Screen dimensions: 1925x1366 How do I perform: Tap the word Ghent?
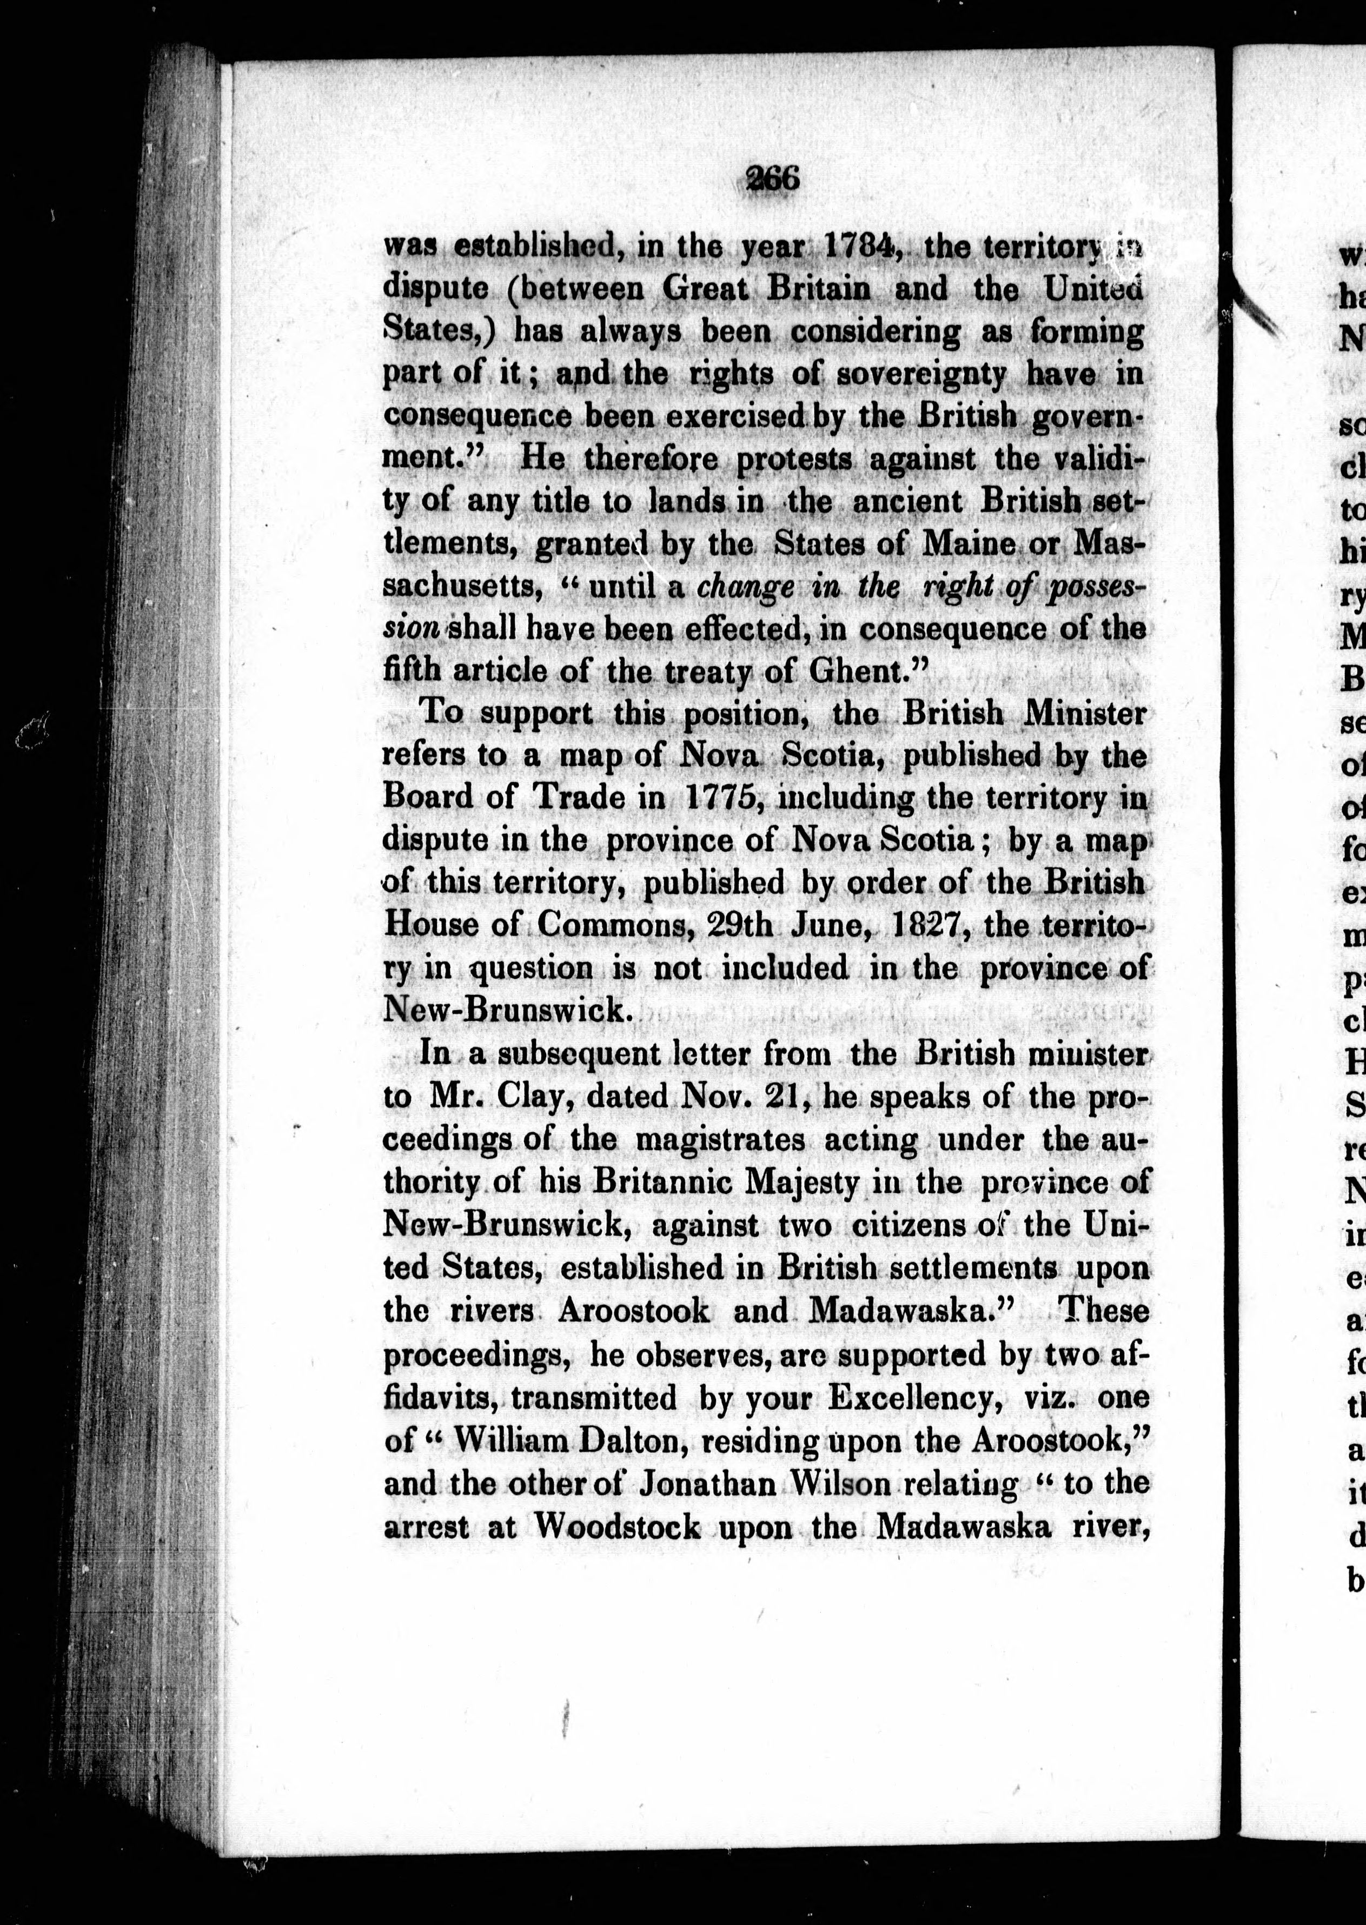pyautogui.click(x=867, y=671)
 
